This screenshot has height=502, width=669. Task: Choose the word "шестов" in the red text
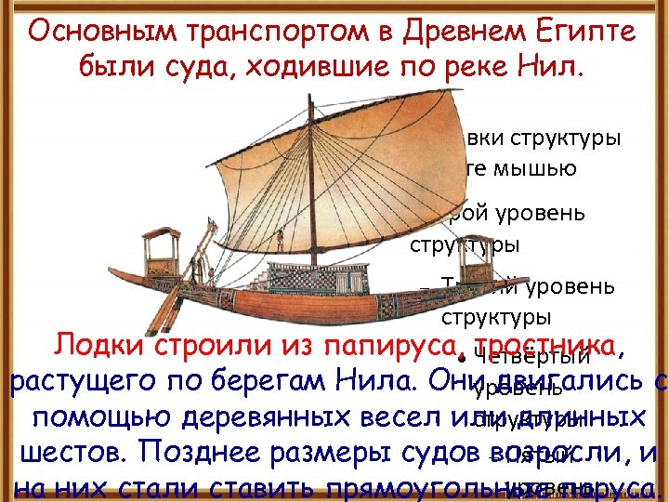point(66,455)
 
